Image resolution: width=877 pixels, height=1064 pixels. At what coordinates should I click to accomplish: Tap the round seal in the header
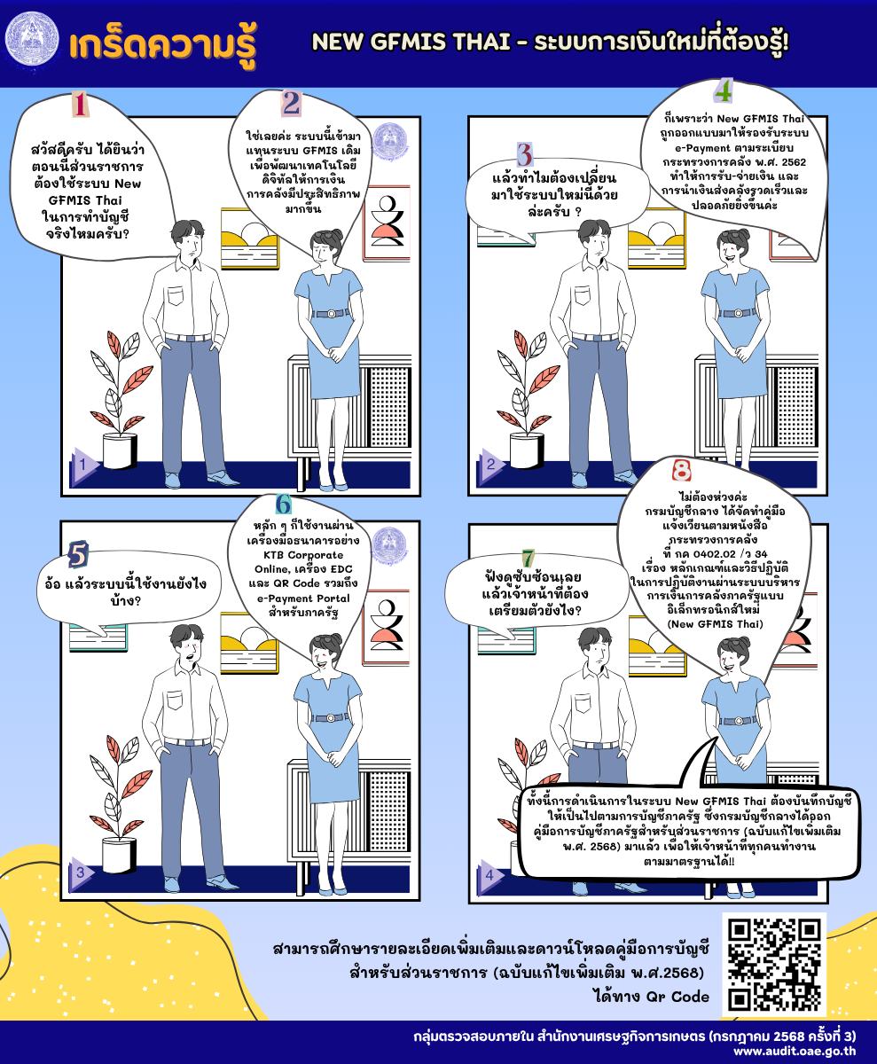point(32,39)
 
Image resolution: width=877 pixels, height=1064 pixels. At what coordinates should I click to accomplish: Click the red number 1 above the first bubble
point(80,104)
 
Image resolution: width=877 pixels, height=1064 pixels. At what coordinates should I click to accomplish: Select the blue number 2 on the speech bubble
point(291,104)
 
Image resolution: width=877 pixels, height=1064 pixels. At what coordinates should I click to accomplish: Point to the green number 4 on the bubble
point(724,91)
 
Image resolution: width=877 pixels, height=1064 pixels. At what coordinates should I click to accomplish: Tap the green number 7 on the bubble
point(528,558)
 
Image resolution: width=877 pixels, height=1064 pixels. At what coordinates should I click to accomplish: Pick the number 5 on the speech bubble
point(78,554)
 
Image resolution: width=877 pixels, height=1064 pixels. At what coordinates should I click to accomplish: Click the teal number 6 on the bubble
point(284,504)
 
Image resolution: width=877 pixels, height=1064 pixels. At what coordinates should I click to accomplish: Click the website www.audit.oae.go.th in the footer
point(795,1052)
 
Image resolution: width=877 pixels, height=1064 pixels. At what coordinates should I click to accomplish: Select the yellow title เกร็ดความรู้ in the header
point(162,45)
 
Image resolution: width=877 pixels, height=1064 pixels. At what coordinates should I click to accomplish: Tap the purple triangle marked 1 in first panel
point(83,464)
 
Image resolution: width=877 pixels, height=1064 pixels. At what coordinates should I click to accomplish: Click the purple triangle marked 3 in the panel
point(82,872)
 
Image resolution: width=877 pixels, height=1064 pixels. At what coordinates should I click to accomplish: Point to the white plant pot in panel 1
point(120,450)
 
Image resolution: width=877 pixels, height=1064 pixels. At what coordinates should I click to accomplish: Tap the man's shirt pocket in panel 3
point(175,700)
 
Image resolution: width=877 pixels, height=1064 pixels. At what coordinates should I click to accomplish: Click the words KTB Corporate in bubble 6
point(303,554)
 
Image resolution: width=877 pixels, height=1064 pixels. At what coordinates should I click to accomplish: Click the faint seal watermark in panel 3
point(389,545)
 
